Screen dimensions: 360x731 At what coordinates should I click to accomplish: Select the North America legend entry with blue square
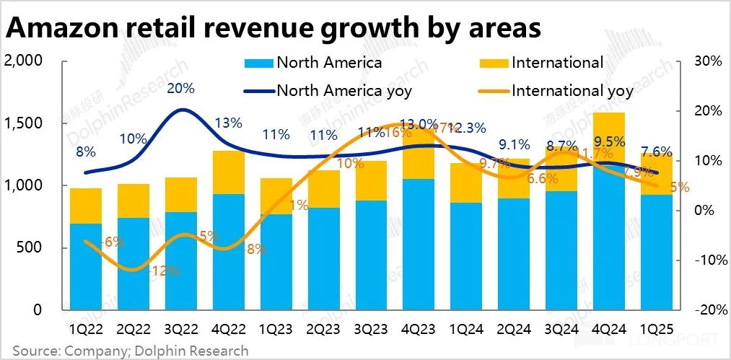[x=315, y=63]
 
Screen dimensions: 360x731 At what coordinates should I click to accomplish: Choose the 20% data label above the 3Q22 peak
[x=180, y=89]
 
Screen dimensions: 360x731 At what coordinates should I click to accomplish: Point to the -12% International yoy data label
[x=164, y=272]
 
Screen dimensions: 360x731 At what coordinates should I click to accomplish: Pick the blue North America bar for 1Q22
[x=86, y=267]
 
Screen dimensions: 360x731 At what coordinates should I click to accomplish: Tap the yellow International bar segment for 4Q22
[x=228, y=172]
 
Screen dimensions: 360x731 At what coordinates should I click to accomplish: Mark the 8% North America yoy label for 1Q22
[x=86, y=152]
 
